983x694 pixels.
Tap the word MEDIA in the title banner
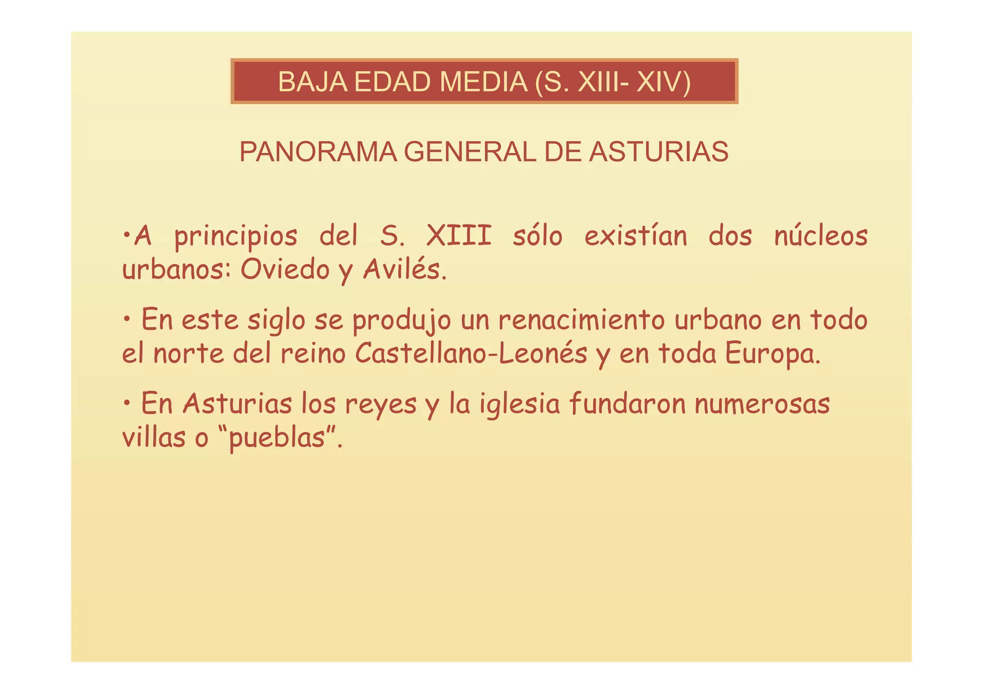pyautogui.click(x=483, y=82)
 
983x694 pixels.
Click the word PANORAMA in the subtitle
pyautogui.click(x=318, y=152)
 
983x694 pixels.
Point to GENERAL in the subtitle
pyautogui.click(x=469, y=152)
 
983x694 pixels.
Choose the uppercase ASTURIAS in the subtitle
pyautogui.click(x=659, y=152)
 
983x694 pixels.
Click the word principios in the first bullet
pyautogui.click(x=236, y=237)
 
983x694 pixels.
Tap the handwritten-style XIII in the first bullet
pyautogui.click(x=459, y=236)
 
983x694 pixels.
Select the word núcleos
pyautogui.click(x=821, y=236)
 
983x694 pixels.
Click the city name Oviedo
pyautogui.click(x=285, y=270)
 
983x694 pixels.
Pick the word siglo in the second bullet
pyautogui.click(x=276, y=320)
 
